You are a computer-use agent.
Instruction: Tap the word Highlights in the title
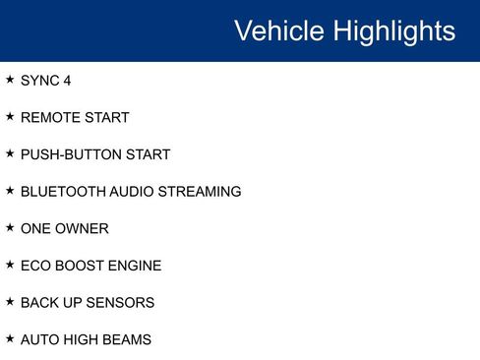(x=394, y=30)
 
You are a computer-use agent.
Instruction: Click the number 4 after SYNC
(x=67, y=81)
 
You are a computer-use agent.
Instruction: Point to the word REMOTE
(x=49, y=118)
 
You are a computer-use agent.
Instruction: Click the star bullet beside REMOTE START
(x=10, y=117)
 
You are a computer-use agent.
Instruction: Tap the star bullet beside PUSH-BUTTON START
(x=10, y=153)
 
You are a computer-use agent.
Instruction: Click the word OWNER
(x=84, y=228)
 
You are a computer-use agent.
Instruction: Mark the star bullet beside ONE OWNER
(x=10, y=227)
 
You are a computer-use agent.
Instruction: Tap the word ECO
(x=34, y=266)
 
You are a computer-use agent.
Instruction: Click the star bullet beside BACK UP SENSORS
(x=10, y=301)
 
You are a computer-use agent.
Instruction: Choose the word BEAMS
(x=128, y=339)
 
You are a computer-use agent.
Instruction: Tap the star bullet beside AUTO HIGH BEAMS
(x=10, y=338)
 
